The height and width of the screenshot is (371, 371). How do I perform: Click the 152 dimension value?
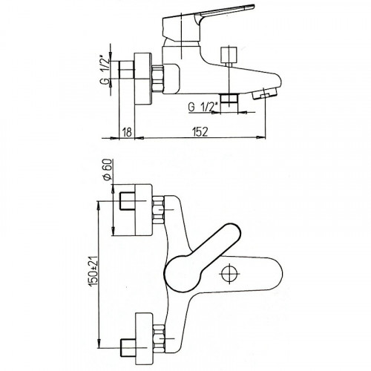point(200,132)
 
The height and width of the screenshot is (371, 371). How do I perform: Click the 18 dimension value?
point(127,132)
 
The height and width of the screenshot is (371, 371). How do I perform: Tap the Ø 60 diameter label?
point(108,170)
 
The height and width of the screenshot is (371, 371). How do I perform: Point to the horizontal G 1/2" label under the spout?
point(203,107)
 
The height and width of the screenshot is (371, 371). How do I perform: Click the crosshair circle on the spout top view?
point(230,273)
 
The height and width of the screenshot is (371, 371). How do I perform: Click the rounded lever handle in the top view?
point(203,258)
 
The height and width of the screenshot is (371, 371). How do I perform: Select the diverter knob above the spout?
point(229,56)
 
